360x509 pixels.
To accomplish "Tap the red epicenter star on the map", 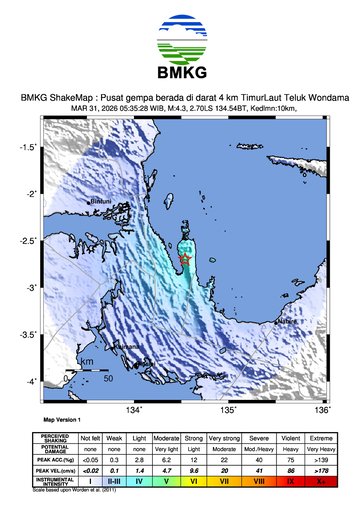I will (185, 260).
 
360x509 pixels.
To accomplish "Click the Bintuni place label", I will (101, 202).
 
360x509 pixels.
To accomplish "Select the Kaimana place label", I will (126, 346).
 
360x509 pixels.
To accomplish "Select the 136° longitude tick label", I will (321, 410).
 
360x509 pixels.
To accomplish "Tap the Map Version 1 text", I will (63, 420).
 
